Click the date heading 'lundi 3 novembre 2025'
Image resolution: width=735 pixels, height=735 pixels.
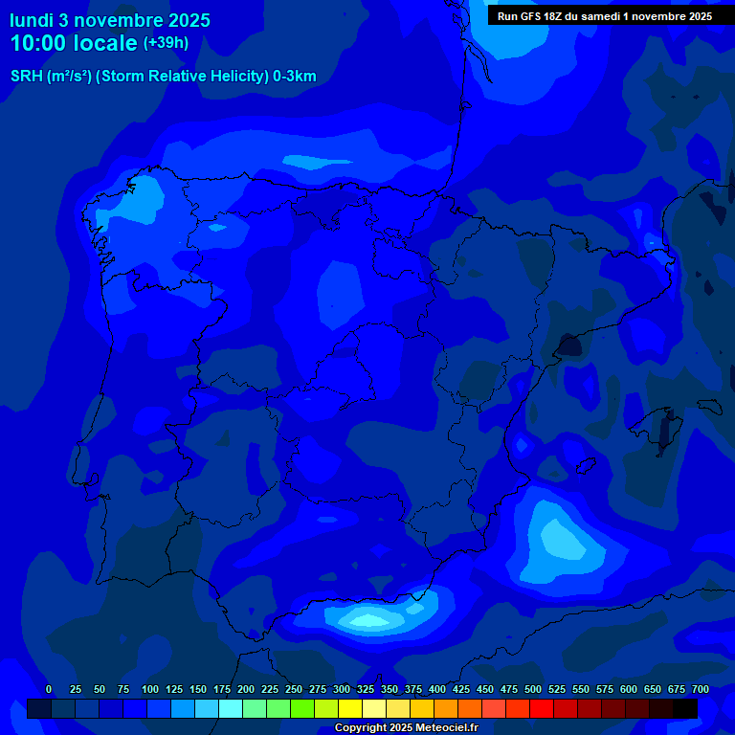point(110,20)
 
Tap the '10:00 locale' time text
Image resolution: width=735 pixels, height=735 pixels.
point(73,43)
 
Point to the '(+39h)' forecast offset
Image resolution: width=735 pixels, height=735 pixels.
point(166,42)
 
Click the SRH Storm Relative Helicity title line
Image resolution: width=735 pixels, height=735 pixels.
point(163,77)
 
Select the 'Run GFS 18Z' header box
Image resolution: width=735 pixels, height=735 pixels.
point(604,16)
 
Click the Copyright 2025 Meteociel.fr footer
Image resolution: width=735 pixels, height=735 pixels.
point(406,728)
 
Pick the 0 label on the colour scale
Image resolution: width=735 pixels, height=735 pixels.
point(49,689)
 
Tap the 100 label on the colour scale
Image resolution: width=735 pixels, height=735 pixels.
point(150,689)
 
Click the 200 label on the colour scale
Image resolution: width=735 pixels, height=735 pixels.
point(246,689)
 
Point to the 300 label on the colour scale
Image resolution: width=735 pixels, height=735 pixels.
point(342,689)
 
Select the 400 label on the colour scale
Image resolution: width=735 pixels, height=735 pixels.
point(437,689)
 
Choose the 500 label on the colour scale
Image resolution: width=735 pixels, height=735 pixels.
point(533,689)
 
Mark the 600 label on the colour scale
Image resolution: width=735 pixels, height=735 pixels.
point(629,689)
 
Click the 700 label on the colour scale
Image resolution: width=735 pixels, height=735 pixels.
point(701,689)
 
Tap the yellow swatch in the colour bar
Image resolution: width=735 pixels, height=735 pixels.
point(350,708)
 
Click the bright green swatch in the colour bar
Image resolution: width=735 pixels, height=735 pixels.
point(302,708)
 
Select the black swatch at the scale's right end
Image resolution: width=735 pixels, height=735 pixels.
point(685,708)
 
